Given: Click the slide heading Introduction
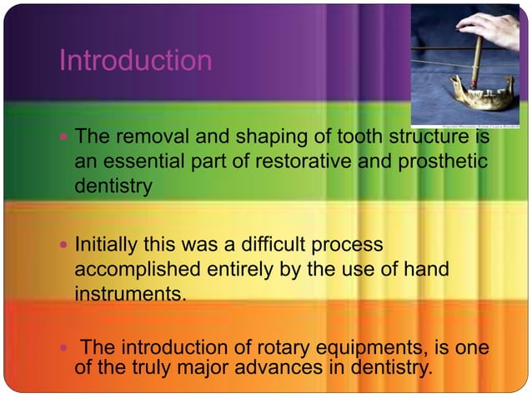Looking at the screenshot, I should tap(135, 61).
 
